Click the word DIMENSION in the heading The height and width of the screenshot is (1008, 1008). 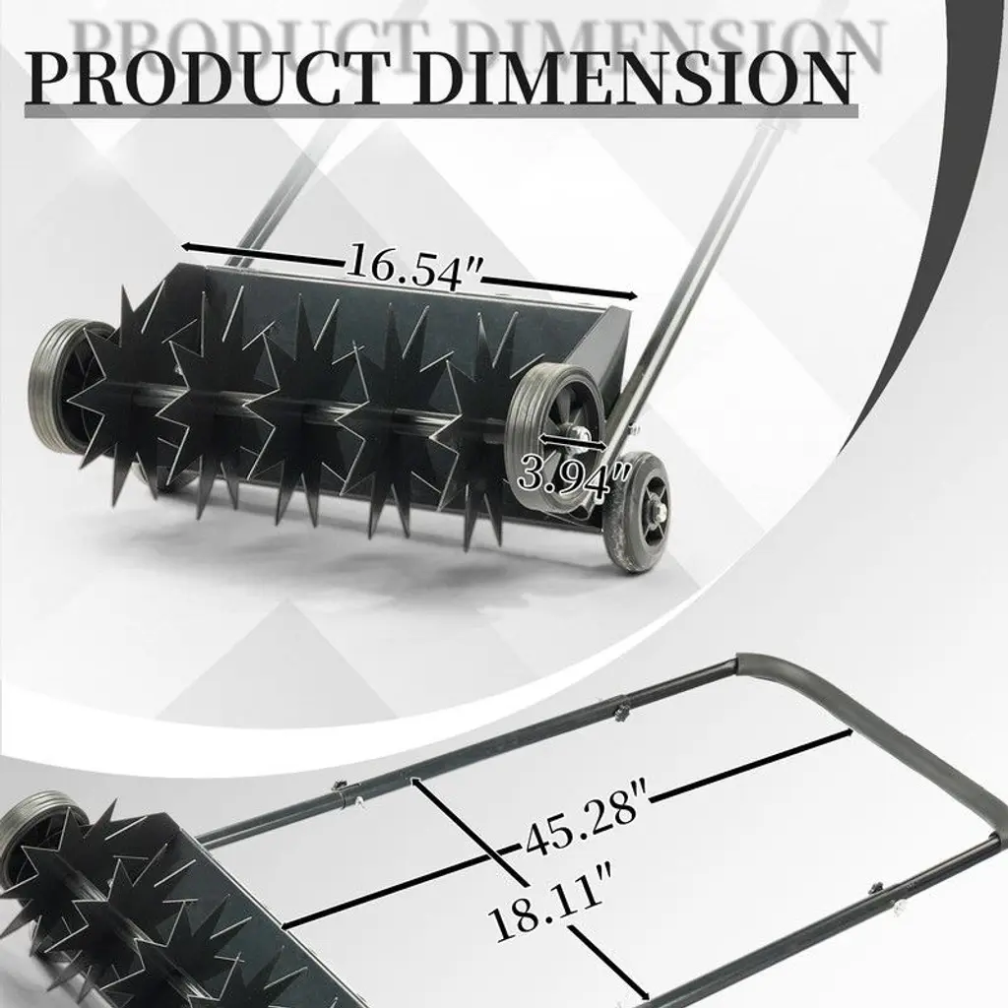coord(632,78)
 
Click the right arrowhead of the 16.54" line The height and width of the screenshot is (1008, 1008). coord(631,295)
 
